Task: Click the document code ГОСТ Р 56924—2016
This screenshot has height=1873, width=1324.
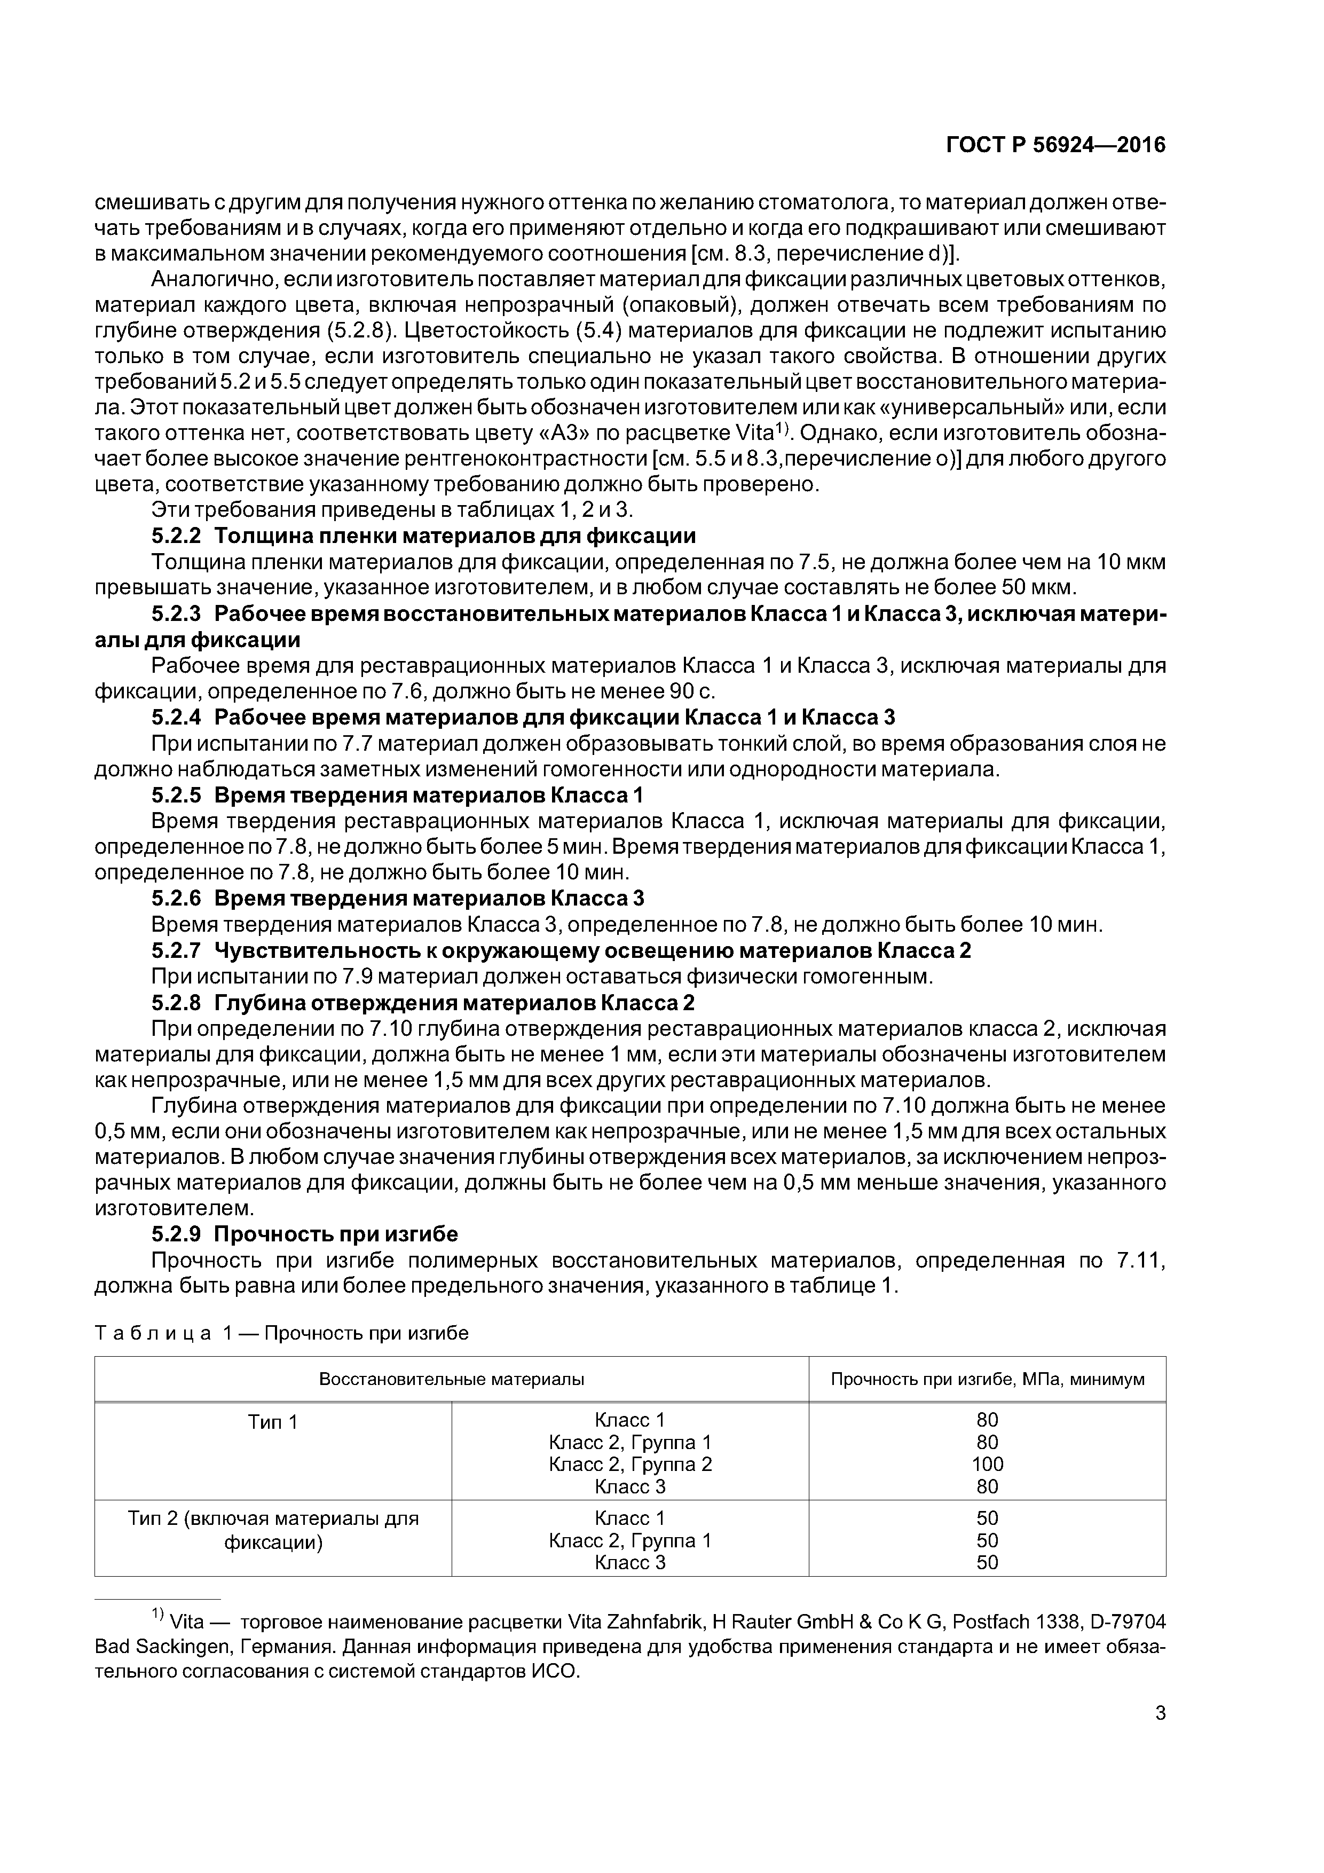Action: tap(1055, 145)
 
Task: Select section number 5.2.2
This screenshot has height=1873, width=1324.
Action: tap(176, 536)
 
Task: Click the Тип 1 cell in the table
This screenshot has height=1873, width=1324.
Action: tap(272, 1422)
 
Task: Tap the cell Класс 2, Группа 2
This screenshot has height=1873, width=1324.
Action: tap(630, 1465)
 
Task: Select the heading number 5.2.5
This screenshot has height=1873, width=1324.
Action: tap(176, 794)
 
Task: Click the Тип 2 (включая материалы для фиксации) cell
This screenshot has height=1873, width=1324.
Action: tap(272, 1530)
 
